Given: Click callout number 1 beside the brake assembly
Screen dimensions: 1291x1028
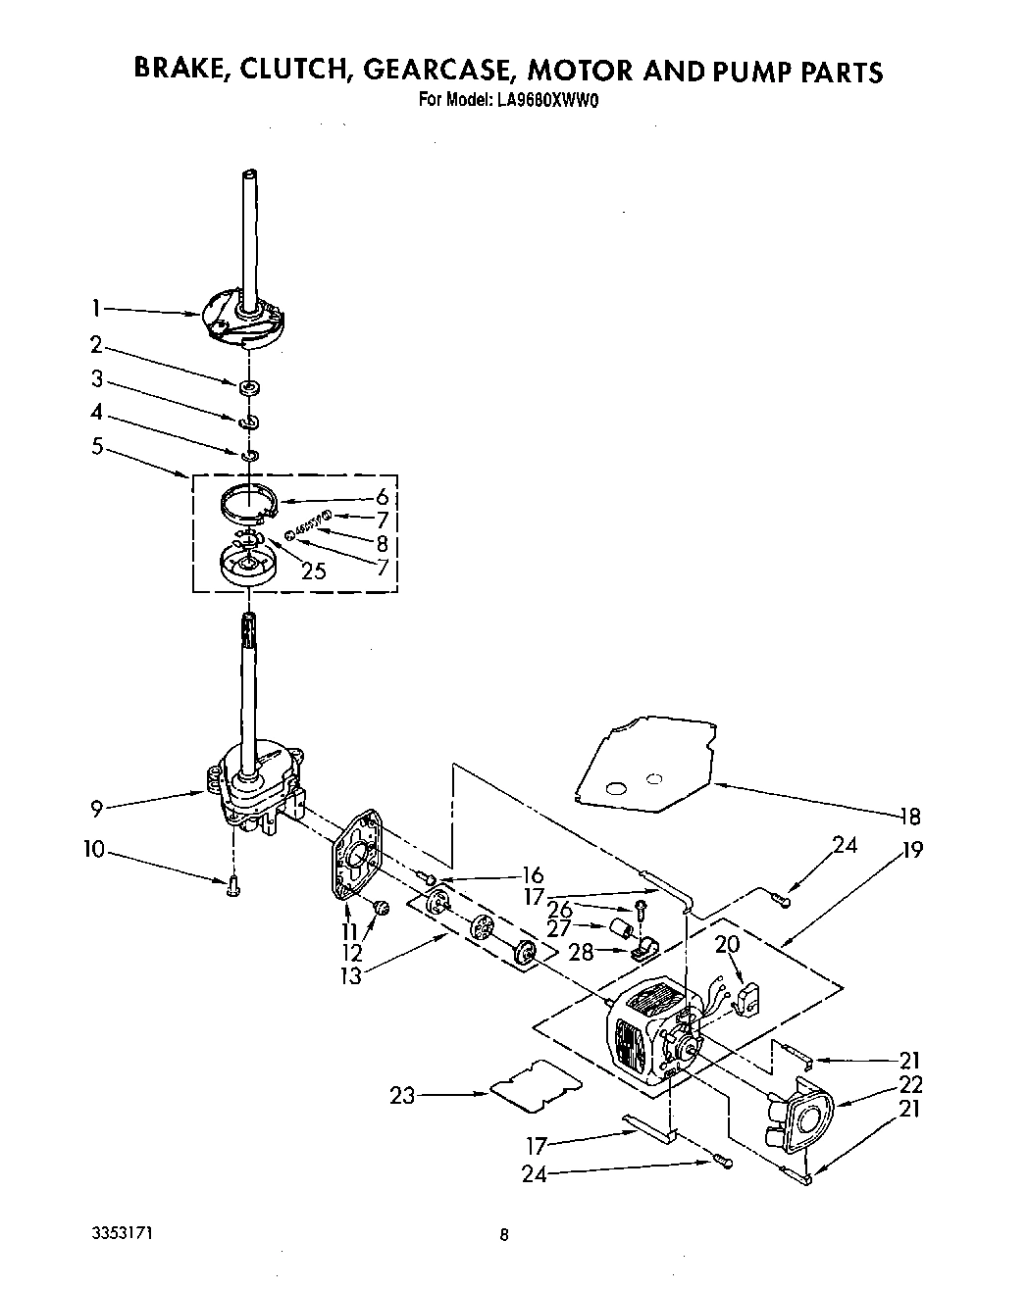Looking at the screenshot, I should (x=96, y=308).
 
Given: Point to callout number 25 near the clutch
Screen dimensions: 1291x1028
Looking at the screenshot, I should (x=313, y=571).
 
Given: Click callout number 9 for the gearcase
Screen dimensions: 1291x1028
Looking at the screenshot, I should (x=97, y=810).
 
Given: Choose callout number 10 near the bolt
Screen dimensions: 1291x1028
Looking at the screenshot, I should (x=93, y=850).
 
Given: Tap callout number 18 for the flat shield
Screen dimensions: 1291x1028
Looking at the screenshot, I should (x=909, y=817).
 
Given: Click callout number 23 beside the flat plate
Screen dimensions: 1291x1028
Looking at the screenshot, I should (x=403, y=1096).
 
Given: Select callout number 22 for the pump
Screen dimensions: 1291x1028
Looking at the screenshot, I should (x=911, y=1084).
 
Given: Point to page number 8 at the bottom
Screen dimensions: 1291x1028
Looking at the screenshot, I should (x=504, y=1236).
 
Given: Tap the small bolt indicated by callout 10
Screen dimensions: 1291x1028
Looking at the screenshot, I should (x=232, y=884).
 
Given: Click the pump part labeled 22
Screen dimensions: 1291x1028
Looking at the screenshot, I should (x=799, y=1117).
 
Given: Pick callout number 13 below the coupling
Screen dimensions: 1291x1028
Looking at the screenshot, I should (x=351, y=975).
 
